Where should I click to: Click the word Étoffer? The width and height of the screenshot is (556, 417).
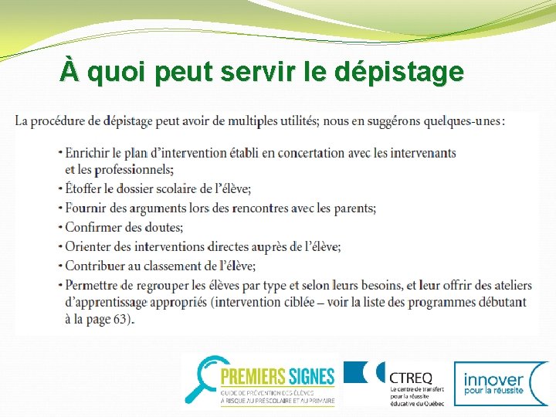tap(86, 188)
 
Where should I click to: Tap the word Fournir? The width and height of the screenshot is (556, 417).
tap(86, 208)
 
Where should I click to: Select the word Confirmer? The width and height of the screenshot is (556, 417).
tap(94, 227)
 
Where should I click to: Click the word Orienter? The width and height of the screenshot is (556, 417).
tap(89, 246)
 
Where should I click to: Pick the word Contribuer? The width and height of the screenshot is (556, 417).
tap(95, 266)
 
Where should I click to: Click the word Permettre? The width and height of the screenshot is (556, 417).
tap(93, 284)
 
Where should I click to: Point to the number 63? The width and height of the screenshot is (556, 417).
tap(120, 319)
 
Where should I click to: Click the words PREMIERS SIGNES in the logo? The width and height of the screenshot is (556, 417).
tap(277, 376)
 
